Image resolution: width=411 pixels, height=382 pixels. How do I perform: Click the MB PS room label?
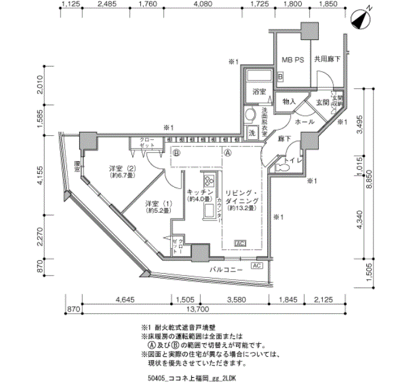[292, 59]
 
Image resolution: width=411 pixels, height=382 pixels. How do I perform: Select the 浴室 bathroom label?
[259, 92]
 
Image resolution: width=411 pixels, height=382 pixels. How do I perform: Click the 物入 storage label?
[289, 102]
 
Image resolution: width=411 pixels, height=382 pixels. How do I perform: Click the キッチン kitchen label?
[199, 192]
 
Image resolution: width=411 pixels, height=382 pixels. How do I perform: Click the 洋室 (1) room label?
[158, 205]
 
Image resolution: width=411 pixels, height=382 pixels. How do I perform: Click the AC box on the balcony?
[257, 266]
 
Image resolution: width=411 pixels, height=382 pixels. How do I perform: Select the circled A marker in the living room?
[228, 151]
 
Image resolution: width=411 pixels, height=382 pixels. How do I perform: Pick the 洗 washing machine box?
[252, 133]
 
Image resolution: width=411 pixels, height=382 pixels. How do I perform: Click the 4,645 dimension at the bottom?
[126, 299]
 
